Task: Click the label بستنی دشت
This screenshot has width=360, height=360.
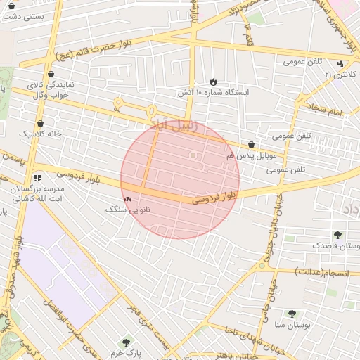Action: tap(24, 15)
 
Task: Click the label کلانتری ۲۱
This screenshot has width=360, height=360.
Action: tap(340, 73)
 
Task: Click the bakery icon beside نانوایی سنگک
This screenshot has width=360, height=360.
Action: tap(127, 200)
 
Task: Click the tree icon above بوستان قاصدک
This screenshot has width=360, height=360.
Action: tap(338, 235)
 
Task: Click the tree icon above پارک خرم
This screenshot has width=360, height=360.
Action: tap(126, 342)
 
